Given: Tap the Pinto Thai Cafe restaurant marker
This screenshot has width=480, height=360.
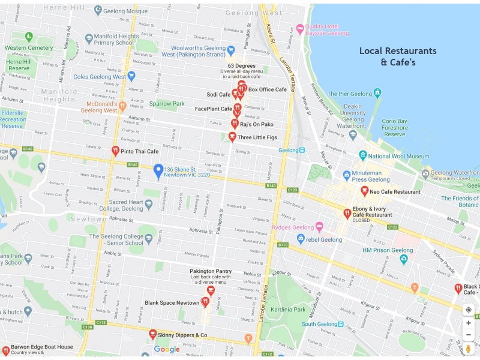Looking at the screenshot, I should click(115, 151).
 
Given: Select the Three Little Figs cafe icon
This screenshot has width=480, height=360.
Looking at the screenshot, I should click(232, 137).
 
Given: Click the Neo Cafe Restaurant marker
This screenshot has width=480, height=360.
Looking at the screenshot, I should click(364, 191).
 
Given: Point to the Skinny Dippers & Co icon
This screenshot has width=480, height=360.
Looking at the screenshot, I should click(153, 334).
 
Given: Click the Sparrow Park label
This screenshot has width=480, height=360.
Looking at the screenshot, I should click(166, 104).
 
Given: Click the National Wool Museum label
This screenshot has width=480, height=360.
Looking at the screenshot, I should click(398, 157).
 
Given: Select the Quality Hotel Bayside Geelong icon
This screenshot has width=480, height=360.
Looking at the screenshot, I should click(300, 29).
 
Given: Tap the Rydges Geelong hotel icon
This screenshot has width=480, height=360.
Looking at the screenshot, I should click(319, 227).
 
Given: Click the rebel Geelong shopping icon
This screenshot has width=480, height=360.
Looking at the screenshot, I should click(301, 239).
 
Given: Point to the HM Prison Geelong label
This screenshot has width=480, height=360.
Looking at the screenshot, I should click(388, 250).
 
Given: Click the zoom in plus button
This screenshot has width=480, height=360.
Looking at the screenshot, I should click(469, 323).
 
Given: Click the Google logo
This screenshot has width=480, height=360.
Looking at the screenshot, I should click(167, 350).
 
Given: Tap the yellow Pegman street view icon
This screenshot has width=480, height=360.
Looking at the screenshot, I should click(469, 348).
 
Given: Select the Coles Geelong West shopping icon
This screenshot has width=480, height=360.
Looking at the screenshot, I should click(131, 77).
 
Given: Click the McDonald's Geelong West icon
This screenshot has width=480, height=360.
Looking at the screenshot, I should click(122, 107).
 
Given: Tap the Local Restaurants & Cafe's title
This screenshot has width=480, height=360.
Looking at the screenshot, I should click(398, 56).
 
